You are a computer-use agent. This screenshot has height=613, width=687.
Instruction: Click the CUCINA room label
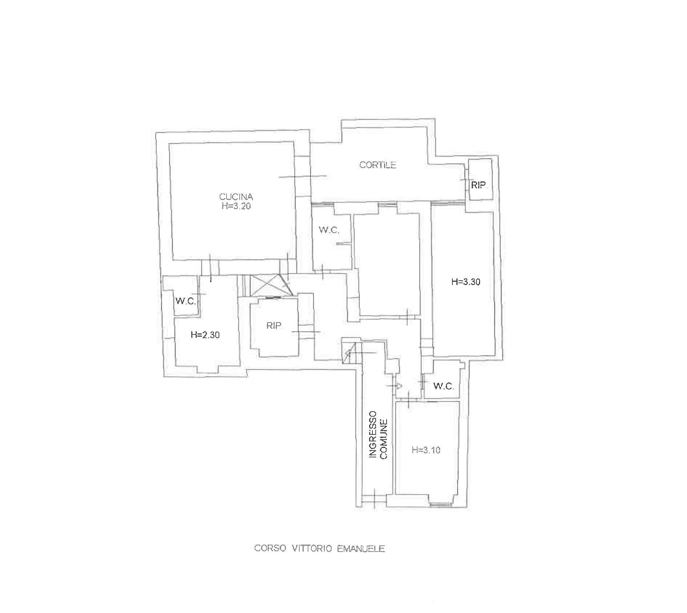pos(236,197)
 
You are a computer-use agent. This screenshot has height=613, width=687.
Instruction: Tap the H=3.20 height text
pos(236,206)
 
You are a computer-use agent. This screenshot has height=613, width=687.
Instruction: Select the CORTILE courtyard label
pos(378,165)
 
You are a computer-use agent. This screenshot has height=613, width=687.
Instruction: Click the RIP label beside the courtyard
pos(478,185)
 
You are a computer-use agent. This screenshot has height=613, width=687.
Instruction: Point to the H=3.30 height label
pos(466,282)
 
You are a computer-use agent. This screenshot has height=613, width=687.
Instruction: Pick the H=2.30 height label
pos(205,335)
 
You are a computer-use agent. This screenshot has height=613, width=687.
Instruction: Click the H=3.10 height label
pos(426,450)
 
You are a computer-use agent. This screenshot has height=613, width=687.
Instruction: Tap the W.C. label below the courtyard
pos(329,230)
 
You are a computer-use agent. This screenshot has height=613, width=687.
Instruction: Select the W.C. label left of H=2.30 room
pos(186,301)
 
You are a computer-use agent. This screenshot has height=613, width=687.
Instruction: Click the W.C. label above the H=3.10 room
pos(444,386)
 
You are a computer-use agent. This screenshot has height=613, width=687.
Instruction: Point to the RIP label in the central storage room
pos(274,326)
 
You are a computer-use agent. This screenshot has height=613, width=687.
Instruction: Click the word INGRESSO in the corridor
pos(372,439)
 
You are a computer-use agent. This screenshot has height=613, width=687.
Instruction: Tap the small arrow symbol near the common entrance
pos(398,385)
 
